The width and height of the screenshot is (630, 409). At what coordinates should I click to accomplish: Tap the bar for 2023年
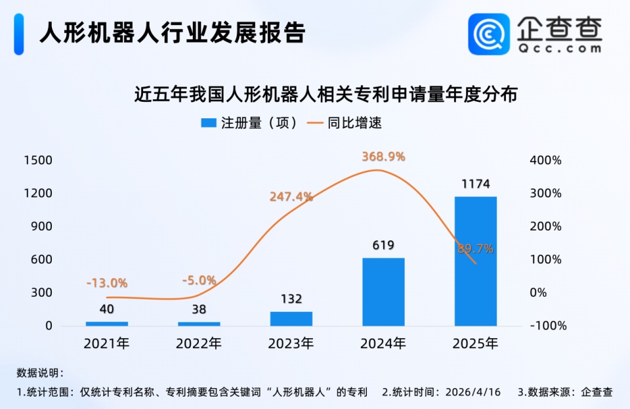(x=291, y=318)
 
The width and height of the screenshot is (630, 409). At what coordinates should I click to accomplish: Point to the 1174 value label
(x=475, y=184)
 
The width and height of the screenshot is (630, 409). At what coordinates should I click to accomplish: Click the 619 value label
(x=383, y=246)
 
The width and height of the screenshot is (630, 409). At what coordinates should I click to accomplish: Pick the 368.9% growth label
(x=383, y=157)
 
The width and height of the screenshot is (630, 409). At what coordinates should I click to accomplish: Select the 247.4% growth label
(x=291, y=196)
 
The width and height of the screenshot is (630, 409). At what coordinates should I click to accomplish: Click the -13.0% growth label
(x=106, y=283)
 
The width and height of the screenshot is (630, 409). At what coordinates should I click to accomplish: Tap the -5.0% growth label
(x=199, y=280)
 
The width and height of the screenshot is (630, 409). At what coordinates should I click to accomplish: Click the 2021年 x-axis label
(x=106, y=343)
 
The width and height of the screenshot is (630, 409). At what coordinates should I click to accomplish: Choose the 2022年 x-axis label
(x=199, y=343)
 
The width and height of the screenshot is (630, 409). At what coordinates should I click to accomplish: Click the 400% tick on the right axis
(x=546, y=161)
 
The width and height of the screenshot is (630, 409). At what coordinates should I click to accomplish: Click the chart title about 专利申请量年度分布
(x=326, y=94)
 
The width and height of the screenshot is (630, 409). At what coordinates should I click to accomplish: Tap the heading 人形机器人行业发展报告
(x=172, y=32)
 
